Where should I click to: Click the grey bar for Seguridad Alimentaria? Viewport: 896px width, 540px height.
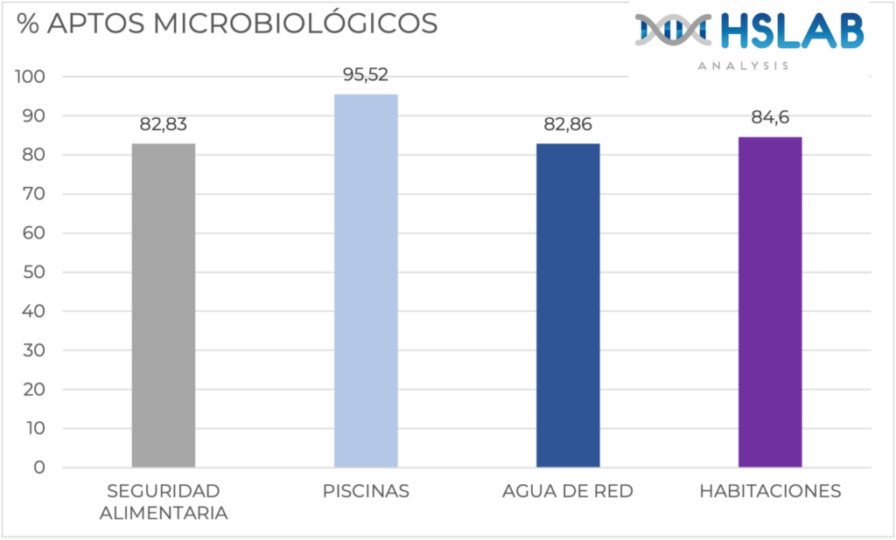[164, 306]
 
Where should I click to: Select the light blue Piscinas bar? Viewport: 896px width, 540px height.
[366, 280]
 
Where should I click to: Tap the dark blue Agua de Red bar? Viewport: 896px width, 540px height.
[568, 306]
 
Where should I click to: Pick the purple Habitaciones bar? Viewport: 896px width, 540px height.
[770, 302]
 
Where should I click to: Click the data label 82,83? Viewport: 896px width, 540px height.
[164, 125]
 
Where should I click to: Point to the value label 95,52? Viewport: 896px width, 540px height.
[366, 75]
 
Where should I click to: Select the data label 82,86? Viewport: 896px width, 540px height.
[568, 125]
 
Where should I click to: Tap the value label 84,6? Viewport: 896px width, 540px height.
[770, 118]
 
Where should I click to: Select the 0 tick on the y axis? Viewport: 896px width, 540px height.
[39, 467]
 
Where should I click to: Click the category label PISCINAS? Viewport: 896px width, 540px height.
[366, 491]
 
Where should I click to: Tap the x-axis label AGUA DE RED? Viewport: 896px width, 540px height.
[568, 491]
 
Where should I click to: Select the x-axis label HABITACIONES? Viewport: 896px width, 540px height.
[770, 491]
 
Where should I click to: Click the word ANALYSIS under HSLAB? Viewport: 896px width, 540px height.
[744, 66]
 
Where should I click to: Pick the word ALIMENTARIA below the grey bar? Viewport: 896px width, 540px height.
[164, 513]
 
